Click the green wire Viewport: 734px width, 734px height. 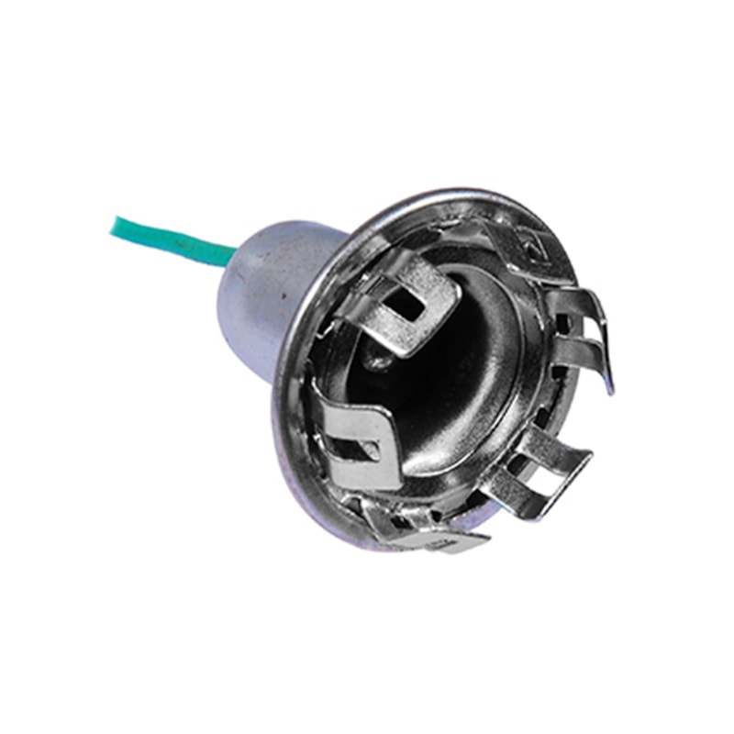point(170,239)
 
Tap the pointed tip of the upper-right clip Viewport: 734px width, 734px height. point(609,389)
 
